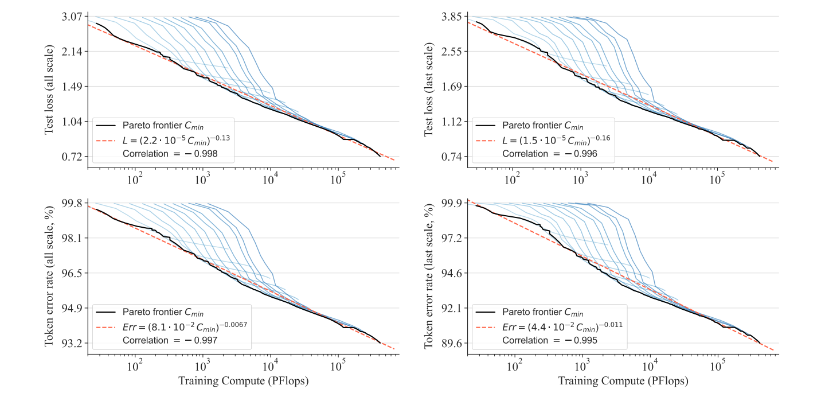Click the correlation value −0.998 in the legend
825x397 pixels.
click(170, 153)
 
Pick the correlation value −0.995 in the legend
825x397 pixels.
click(549, 340)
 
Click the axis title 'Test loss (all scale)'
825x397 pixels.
click(49, 92)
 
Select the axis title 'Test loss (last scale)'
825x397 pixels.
click(430, 92)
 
